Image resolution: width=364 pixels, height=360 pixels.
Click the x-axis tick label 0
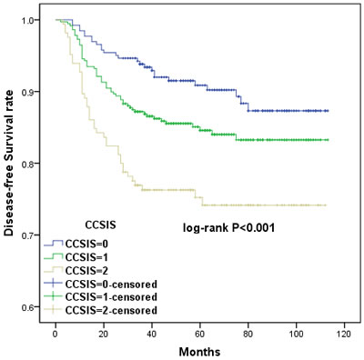coord(56,335)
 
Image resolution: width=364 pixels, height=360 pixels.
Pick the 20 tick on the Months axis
coord(104,335)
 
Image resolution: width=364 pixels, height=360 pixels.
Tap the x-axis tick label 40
coord(152,335)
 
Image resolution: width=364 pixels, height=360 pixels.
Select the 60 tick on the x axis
coord(200,335)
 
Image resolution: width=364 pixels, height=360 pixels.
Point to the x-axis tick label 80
coord(248,335)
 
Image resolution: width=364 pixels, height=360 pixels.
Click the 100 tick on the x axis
coord(297,335)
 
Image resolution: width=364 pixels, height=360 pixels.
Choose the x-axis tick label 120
coord(345,335)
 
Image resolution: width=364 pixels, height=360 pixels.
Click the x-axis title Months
coord(199,352)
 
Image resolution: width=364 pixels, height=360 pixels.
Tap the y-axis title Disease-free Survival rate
coord(10,163)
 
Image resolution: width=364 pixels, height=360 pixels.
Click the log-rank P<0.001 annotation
coord(228,228)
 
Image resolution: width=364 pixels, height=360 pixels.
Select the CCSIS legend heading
coord(100,225)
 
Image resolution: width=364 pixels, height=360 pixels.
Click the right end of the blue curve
coord(329,111)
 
